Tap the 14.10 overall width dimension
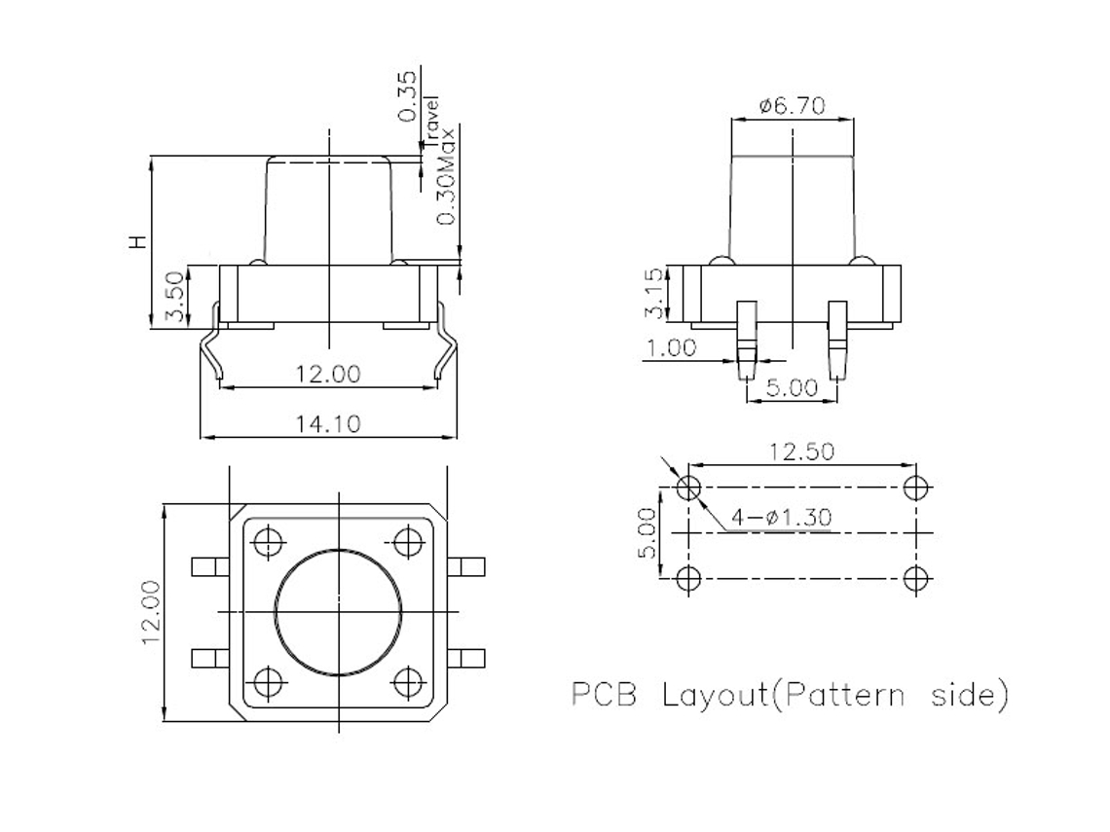328,424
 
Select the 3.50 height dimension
173,297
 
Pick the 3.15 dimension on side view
657,293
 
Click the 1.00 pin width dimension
671,347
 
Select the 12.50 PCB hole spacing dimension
801,453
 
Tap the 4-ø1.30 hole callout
782,518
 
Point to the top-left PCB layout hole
688,487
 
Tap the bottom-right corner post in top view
409,681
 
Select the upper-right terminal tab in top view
467,564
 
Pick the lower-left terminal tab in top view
208,658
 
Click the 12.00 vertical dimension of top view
150,612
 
